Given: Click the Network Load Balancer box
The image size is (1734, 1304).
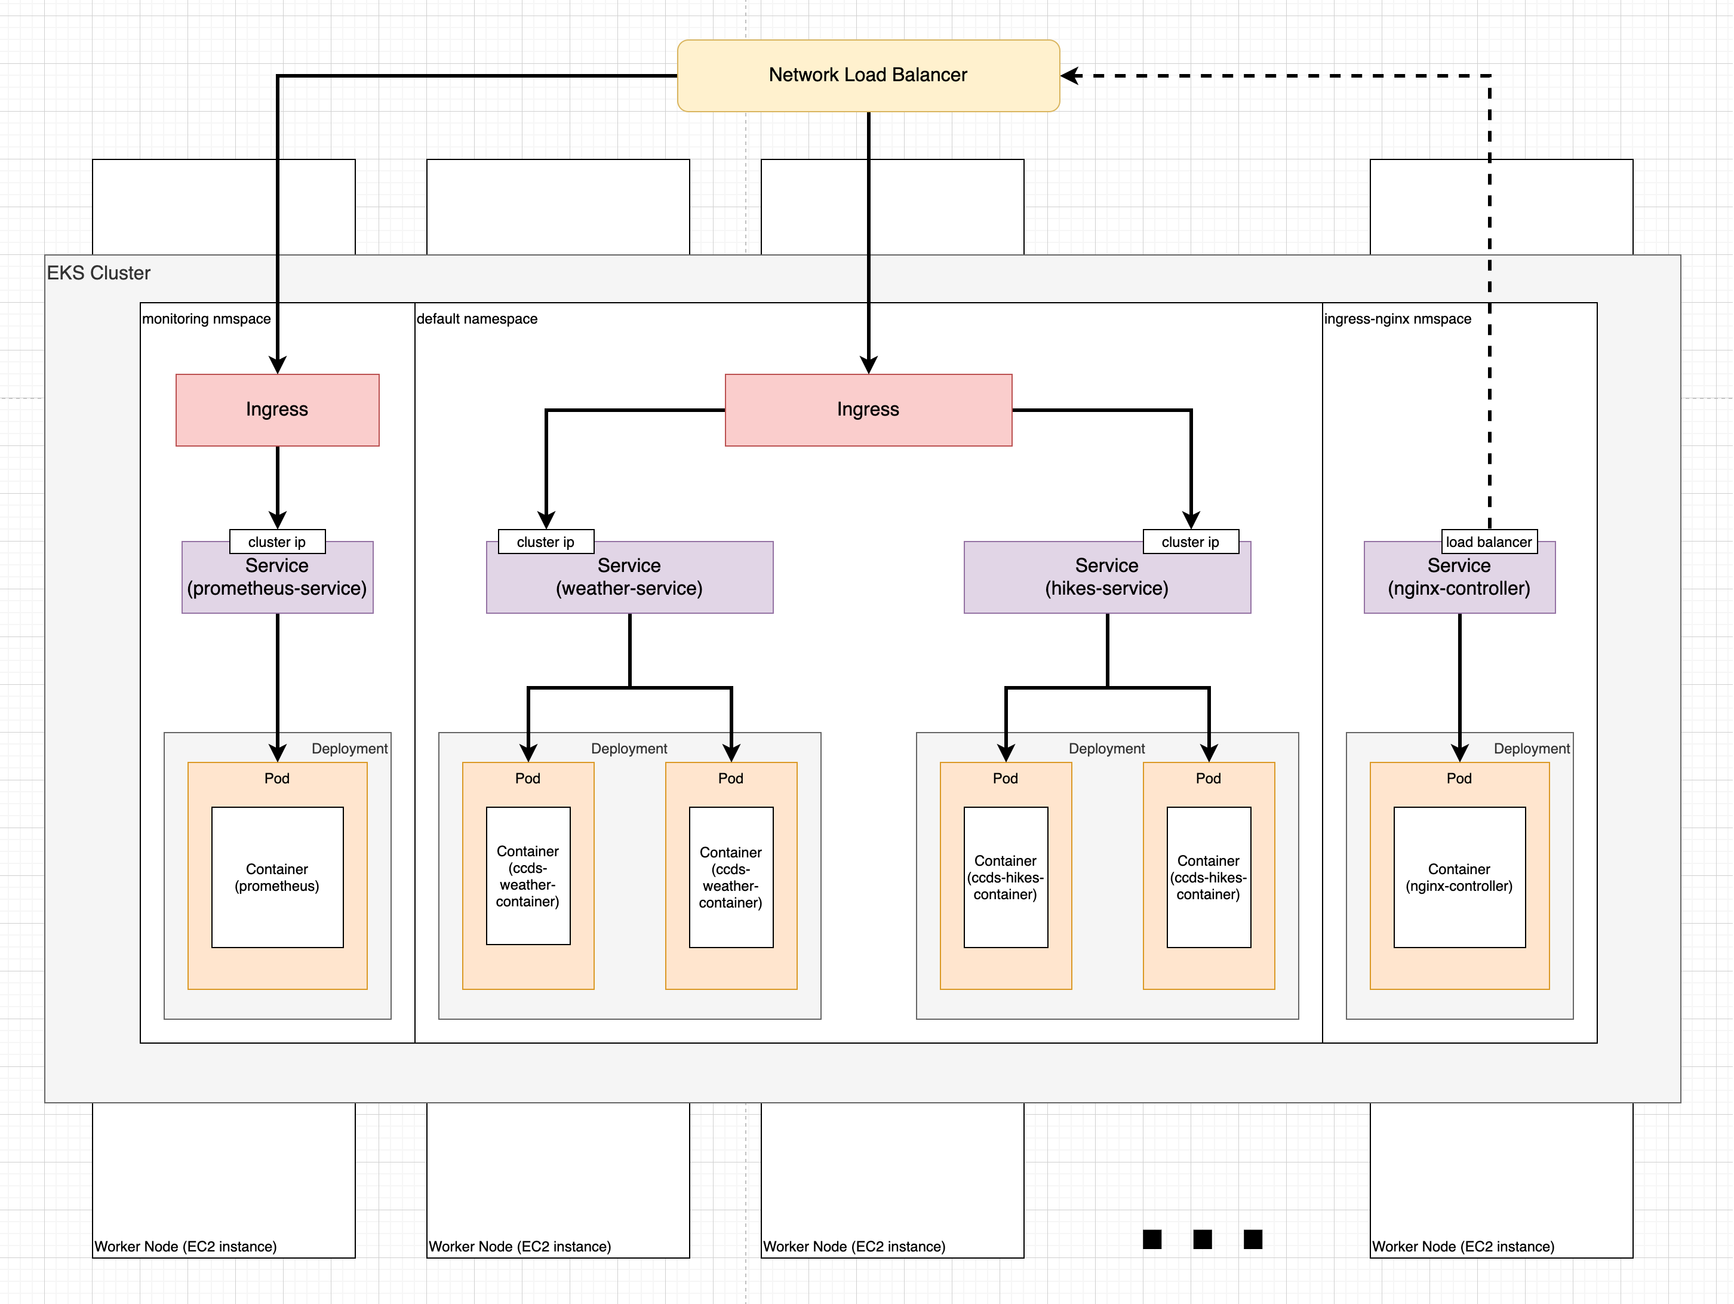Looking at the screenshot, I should (x=868, y=75).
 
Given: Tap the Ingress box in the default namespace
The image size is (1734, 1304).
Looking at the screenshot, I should (x=868, y=410).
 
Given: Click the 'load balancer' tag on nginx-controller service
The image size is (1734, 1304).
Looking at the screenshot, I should (x=1489, y=542).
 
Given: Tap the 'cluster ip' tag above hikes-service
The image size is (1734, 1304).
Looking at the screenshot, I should (x=1190, y=542).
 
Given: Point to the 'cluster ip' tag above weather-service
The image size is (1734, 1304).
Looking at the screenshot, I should (x=546, y=542).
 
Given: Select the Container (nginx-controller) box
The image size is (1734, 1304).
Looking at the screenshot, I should (x=1459, y=877).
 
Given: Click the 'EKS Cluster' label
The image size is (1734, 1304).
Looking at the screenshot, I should (x=99, y=273).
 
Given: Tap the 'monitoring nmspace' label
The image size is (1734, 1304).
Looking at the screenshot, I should (x=206, y=319).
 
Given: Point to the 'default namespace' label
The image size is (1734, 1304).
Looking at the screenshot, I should (x=476, y=319).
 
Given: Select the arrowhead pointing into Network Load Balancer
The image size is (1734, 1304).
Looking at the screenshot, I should (x=1069, y=75).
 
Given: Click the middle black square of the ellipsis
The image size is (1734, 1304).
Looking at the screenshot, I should (x=1202, y=1239).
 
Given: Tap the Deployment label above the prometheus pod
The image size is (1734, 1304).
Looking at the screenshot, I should (x=349, y=748).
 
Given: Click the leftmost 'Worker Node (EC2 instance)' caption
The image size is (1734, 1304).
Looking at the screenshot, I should (x=186, y=1246).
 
